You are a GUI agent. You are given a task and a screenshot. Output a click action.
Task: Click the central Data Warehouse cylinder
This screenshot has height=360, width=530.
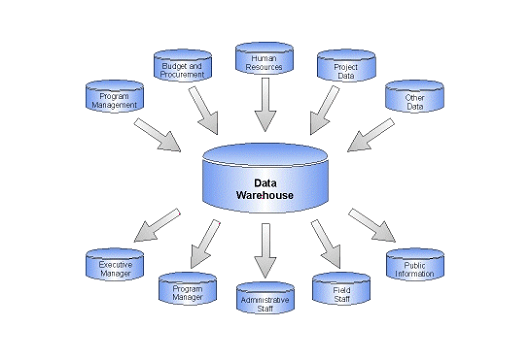point(265,180)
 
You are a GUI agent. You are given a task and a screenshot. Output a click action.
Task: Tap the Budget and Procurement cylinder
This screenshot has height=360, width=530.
point(182,66)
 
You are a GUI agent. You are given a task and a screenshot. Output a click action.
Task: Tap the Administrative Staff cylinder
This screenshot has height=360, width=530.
point(264,299)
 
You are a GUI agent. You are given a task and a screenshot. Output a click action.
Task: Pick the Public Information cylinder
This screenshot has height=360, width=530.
point(413,264)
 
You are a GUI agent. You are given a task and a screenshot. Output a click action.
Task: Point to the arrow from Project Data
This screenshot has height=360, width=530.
point(324,111)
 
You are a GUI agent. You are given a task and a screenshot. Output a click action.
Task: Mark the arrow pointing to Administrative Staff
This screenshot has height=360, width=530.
point(264,250)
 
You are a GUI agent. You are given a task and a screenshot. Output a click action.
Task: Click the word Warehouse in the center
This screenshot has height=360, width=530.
point(264,196)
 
